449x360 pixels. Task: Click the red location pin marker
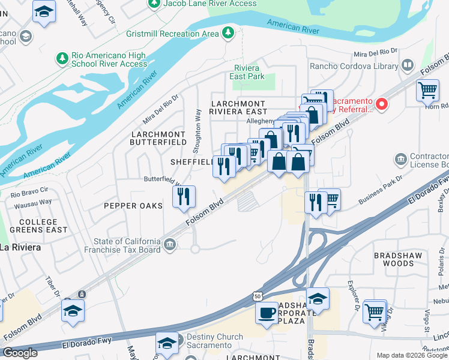click(382, 103)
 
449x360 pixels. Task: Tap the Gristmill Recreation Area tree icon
click(228, 32)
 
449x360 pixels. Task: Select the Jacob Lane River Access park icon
click(154, 4)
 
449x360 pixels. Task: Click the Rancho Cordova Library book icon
click(408, 65)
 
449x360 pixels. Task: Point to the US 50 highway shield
click(257, 296)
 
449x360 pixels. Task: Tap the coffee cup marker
click(266, 311)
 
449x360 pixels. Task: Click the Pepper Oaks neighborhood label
click(133, 206)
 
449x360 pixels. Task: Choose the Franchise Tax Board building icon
click(170, 244)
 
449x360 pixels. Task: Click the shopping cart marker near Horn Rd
click(427, 90)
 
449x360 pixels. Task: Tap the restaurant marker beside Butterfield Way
click(184, 196)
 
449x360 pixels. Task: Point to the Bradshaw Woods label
click(399, 259)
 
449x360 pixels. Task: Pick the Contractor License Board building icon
click(401, 160)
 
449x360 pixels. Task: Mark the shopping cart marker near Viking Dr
click(375, 310)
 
